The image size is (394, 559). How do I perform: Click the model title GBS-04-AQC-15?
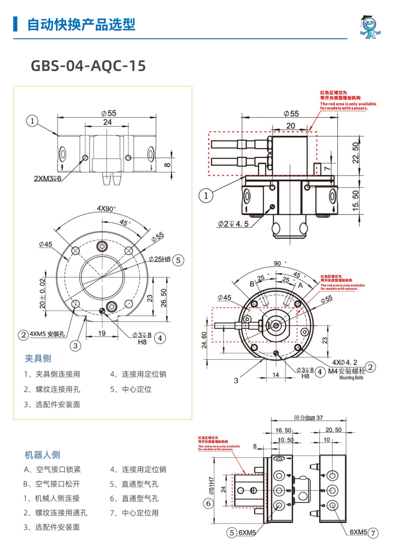[88, 66]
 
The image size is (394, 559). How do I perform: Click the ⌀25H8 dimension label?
[159, 259]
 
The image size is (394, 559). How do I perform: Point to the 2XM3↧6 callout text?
[47, 178]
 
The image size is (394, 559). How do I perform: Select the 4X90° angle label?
[106, 209]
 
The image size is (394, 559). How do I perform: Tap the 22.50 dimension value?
[356, 153]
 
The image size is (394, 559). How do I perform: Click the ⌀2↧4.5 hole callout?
[233, 224]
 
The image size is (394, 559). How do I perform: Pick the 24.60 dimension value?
[204, 340]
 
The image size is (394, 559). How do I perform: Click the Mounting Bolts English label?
[351, 378]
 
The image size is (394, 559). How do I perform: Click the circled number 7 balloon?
[373, 533]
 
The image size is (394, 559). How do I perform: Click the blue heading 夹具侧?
[38, 359]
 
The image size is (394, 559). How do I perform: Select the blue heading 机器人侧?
[42, 455]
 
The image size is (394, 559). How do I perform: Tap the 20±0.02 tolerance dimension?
[42, 293]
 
